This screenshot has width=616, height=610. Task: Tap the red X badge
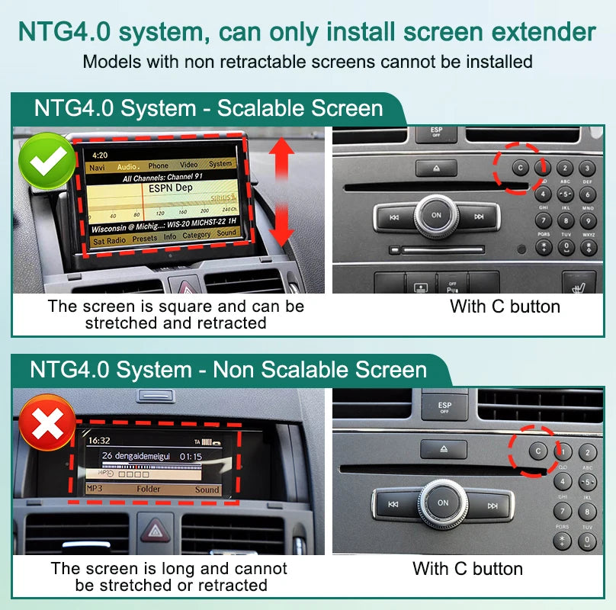(47, 423)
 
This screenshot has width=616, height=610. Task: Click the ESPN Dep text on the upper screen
(170, 187)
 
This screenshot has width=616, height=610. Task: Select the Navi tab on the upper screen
(98, 165)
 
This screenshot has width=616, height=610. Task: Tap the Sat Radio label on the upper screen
(110, 239)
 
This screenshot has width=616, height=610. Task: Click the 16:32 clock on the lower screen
(99, 441)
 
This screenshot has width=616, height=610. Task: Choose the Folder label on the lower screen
(149, 490)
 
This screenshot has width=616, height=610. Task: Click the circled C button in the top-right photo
(520, 167)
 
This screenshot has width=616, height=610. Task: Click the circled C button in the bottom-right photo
(538, 451)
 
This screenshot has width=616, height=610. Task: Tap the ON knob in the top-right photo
(436, 215)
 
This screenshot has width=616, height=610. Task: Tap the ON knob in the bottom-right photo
(443, 503)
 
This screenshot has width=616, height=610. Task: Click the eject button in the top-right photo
(436, 169)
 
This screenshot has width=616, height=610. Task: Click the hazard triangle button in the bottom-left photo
(156, 530)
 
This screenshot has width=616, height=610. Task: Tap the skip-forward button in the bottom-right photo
(492, 505)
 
